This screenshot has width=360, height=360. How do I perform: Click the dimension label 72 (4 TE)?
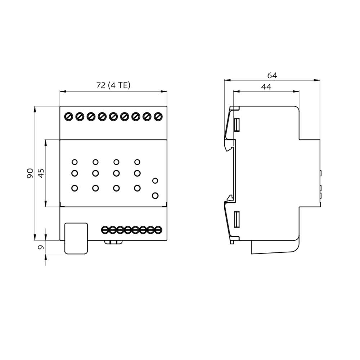point(113,85)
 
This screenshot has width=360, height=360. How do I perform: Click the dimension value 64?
point(272,75)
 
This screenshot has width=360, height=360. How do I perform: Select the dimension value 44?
point(266,87)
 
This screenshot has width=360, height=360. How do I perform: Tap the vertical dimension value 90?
point(30,173)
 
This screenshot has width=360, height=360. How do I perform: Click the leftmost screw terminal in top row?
point(69,117)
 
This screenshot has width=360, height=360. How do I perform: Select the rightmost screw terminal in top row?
point(158,117)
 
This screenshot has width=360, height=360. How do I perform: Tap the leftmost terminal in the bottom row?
point(105,230)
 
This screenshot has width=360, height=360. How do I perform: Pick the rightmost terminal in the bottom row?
point(158,230)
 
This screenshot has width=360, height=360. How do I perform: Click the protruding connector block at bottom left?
point(76,238)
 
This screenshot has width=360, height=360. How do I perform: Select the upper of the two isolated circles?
point(155,181)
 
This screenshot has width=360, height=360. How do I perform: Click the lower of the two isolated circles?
point(155,195)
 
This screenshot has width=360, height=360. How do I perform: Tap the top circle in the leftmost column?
point(75,162)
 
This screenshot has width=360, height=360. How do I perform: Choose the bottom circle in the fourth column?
point(137,188)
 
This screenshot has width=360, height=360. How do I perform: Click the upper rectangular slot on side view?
point(237,125)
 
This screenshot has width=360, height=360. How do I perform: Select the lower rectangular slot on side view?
point(237,220)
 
